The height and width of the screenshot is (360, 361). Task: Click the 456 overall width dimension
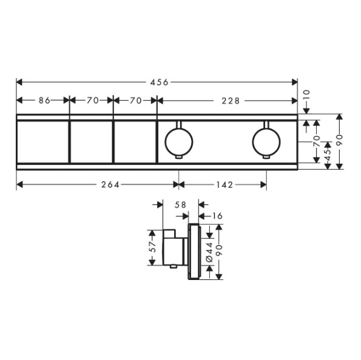pos(160,82)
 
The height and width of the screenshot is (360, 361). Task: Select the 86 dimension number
pos(44,101)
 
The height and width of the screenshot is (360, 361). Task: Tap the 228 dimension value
pos(231,101)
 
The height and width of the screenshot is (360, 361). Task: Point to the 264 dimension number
pos(110,184)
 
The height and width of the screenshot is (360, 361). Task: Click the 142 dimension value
pos(224,184)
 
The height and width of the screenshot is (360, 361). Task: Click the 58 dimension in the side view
pos(180,204)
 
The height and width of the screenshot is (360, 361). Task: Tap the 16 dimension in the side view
pos(217,216)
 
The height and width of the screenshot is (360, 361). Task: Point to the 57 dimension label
pos(152,247)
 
